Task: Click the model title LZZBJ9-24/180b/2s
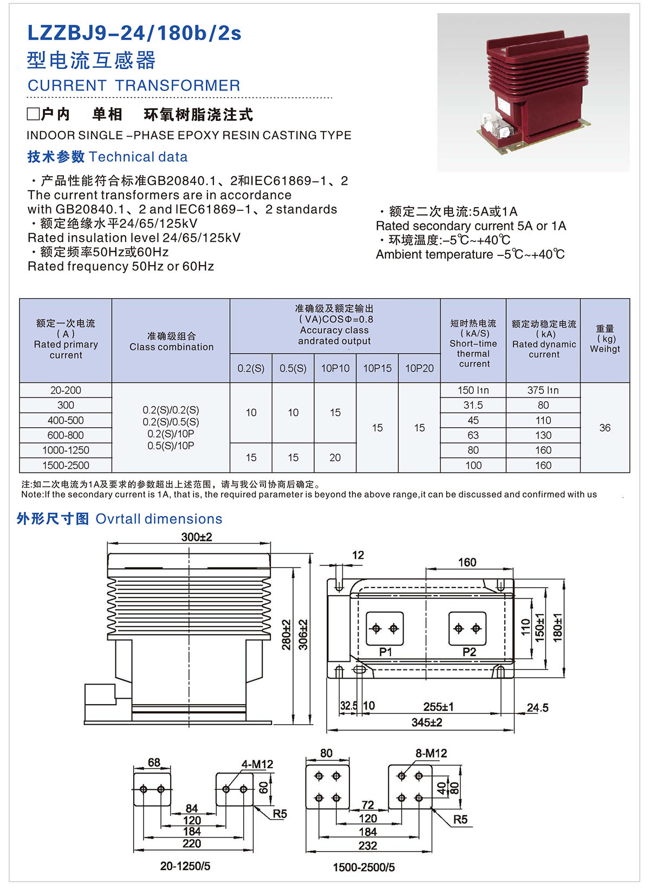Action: (x=134, y=34)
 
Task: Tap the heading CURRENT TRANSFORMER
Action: (x=134, y=86)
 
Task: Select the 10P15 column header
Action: (x=377, y=368)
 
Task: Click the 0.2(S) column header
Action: (x=251, y=368)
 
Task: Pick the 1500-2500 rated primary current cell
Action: (x=66, y=465)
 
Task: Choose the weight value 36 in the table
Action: (x=604, y=428)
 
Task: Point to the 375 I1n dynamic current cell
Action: (x=543, y=390)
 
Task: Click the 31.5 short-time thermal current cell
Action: (x=473, y=405)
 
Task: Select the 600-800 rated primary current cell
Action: (x=66, y=435)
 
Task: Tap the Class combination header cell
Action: (x=171, y=342)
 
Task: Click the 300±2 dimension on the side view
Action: (x=197, y=537)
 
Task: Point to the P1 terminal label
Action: (x=385, y=652)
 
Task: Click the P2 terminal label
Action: (x=469, y=652)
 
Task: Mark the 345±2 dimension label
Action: (x=427, y=722)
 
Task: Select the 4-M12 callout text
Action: (x=257, y=764)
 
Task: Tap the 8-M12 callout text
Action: (x=431, y=753)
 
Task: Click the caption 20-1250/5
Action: (x=185, y=866)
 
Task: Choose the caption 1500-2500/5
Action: (x=363, y=867)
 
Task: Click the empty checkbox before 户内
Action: (x=34, y=114)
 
